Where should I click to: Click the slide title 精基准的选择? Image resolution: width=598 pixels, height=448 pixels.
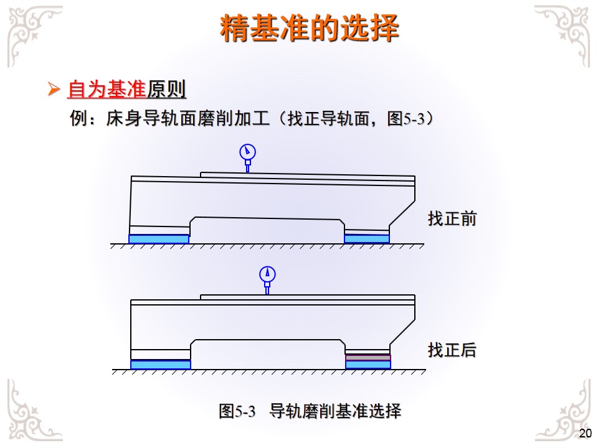point(310,29)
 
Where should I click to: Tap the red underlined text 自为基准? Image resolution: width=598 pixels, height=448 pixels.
point(106,91)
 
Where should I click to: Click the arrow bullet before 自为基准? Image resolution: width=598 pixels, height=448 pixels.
point(54,91)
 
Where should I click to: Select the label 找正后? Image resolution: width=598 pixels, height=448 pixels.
point(452,350)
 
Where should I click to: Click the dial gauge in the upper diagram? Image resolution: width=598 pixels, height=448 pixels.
point(247,152)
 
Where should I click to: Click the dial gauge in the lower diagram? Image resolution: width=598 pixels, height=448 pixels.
point(267,275)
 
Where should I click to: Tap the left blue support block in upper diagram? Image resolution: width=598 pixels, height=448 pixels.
point(158,239)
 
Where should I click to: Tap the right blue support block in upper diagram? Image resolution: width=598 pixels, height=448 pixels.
point(367,239)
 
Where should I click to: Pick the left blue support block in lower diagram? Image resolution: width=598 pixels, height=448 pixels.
point(160,365)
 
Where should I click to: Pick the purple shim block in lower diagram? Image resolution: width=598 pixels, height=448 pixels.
point(368,358)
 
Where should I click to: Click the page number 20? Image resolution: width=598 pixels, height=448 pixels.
point(585,434)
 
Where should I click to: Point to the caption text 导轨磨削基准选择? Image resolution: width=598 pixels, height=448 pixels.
point(335,411)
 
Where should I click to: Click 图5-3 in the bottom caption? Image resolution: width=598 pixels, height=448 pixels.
point(237,411)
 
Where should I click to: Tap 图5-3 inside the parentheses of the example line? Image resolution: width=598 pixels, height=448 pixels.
point(406,119)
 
